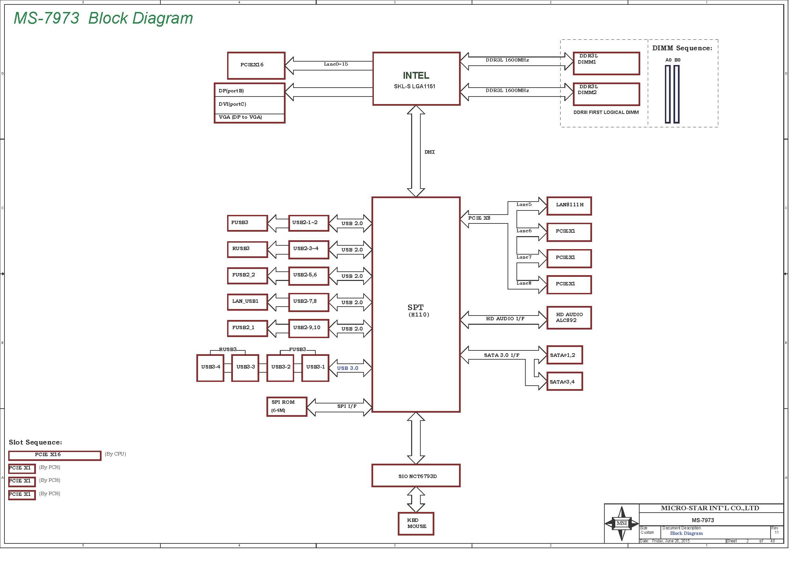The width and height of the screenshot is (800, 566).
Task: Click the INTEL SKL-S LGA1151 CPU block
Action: click(416, 79)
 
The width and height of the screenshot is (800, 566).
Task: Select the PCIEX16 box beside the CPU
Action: click(256, 65)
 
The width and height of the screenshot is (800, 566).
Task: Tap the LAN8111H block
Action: click(569, 206)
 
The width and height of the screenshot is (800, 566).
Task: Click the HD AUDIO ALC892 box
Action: click(569, 318)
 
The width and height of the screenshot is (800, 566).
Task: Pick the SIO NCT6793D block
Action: click(416, 475)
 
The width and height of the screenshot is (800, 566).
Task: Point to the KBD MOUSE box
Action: click(416, 524)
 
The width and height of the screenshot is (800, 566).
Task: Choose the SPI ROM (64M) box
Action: click(287, 407)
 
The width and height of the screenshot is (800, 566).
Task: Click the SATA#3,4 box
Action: click(564, 381)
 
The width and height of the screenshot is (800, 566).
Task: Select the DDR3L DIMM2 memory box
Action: click(606, 94)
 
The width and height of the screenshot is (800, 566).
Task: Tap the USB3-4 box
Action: click(210, 368)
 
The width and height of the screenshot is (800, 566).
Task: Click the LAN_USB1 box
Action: click(247, 301)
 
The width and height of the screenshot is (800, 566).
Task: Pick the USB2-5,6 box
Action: click(309, 276)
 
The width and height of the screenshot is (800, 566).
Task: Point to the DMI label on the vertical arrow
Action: click(430, 152)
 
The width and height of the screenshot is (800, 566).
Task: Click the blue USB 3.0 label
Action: click(347, 368)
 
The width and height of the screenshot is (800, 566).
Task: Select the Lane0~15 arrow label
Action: click(336, 64)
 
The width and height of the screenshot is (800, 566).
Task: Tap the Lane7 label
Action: click(524, 257)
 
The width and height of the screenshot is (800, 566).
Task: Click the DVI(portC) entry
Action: click(232, 104)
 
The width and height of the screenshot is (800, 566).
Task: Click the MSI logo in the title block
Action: click(621, 523)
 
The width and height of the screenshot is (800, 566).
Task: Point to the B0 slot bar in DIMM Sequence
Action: click(677, 94)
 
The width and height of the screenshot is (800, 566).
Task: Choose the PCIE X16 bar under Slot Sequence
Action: click(55, 455)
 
